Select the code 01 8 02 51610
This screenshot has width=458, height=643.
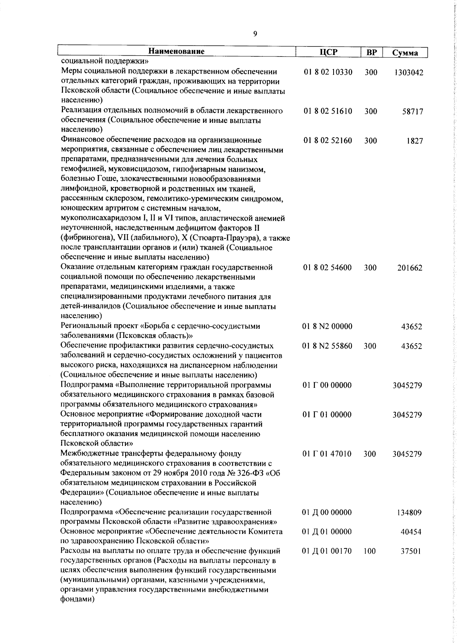pos(328,111)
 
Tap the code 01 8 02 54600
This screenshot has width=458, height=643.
pos(327,268)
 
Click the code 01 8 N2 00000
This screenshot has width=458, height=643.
pos(327,326)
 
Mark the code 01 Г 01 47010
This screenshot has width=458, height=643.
pos(327,454)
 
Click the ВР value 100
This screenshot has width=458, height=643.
pos(369,551)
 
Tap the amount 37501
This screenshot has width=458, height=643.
pos(411,551)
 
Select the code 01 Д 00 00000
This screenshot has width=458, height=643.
pos(327,512)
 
